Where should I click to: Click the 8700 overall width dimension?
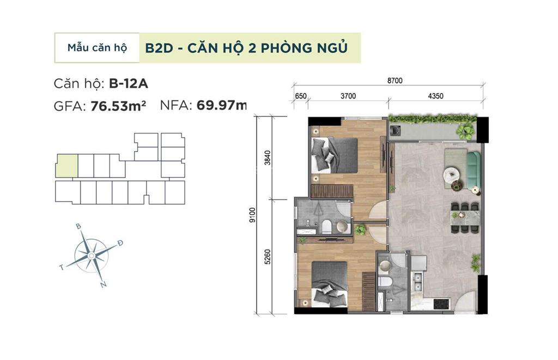click(x=395, y=81)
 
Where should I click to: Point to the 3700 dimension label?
click(x=348, y=96)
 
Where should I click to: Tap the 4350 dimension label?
click(x=435, y=96)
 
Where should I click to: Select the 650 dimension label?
click(x=301, y=96)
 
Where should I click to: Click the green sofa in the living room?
click(x=472, y=168)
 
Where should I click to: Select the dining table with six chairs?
click(x=464, y=218)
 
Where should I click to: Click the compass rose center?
click(x=91, y=255)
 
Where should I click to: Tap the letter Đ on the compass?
click(x=120, y=243)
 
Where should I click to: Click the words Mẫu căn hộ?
click(x=97, y=47)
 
